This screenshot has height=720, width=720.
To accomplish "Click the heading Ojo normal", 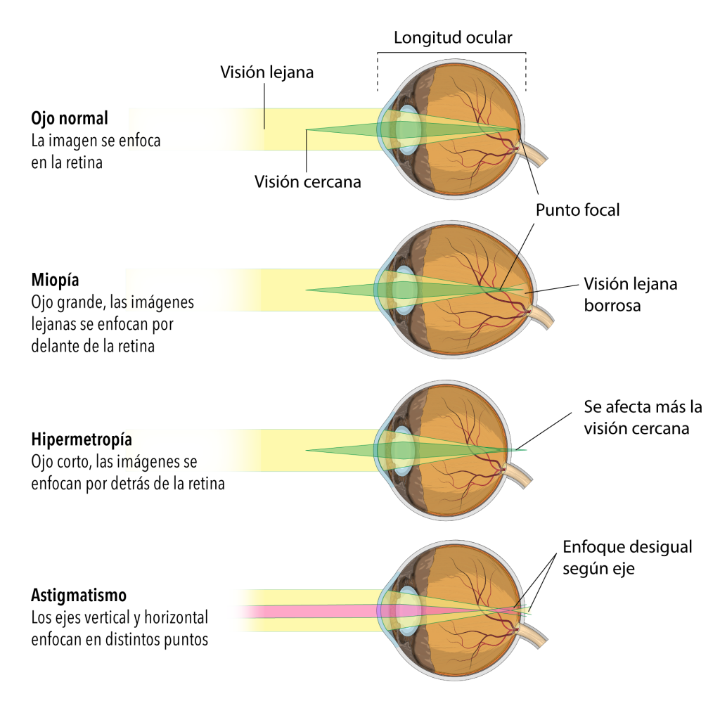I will click(x=70, y=117).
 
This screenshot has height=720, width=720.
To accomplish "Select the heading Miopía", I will click(x=55, y=280).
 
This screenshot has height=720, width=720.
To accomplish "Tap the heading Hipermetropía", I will click(x=82, y=440).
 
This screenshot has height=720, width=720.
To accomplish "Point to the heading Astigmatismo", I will click(x=79, y=596).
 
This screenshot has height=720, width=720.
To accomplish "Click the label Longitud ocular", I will click(x=452, y=37).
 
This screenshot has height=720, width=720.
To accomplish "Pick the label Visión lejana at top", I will click(x=266, y=72).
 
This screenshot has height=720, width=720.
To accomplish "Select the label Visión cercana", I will click(x=307, y=181).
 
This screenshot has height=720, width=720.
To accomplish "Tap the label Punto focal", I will click(x=577, y=210).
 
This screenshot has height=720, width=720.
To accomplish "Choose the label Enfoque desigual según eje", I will click(x=627, y=558).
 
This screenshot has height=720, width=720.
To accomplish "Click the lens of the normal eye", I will click(x=407, y=129).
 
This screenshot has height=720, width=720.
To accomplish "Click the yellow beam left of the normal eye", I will click(x=211, y=129).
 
